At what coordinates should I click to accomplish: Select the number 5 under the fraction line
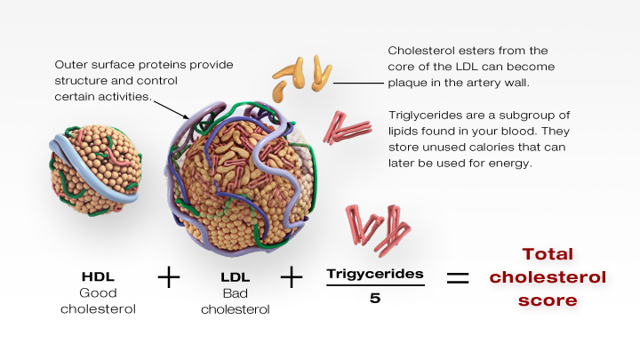(x=374, y=298)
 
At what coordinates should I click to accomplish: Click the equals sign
(x=457, y=277)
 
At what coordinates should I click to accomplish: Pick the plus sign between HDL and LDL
(x=167, y=277)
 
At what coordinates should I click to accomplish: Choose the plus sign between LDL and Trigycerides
(x=292, y=277)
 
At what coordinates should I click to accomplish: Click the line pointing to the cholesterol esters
(x=356, y=83)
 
